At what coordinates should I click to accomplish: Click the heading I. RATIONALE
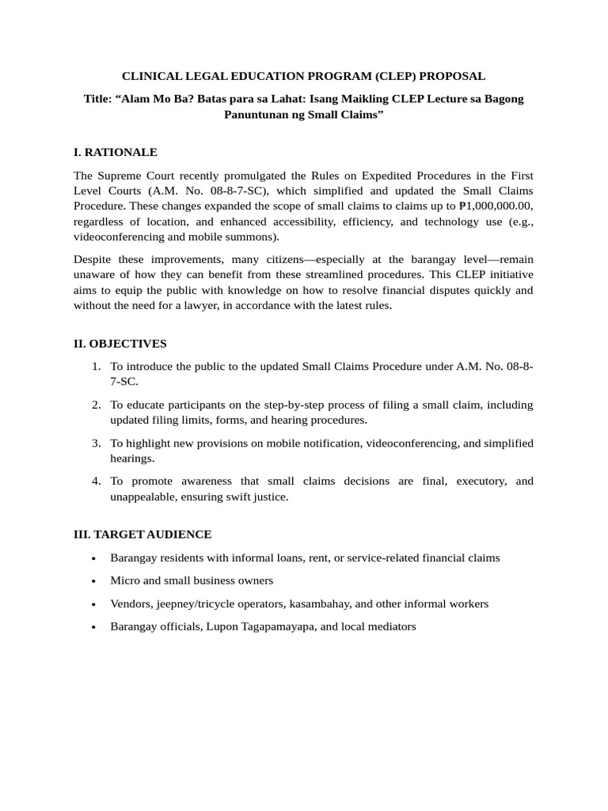[116, 152]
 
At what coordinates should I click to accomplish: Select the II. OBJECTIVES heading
[120, 344]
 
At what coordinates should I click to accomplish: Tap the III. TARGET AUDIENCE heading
[142, 535]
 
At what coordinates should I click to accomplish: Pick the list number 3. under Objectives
[96, 443]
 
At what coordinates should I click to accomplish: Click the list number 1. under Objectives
[96, 367]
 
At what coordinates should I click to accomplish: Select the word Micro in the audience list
[124, 581]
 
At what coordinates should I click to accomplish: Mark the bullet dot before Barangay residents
[94, 558]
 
